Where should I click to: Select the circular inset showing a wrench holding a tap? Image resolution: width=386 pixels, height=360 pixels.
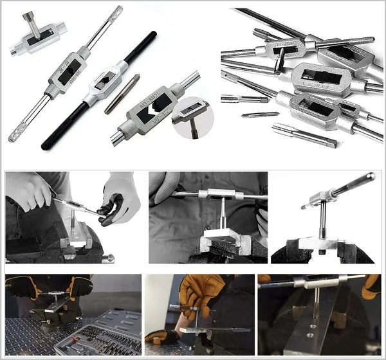[x=191, y=117]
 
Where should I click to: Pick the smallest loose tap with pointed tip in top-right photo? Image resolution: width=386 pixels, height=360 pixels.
[x=260, y=114]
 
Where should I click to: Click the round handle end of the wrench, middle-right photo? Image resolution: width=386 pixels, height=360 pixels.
[x=370, y=177]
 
